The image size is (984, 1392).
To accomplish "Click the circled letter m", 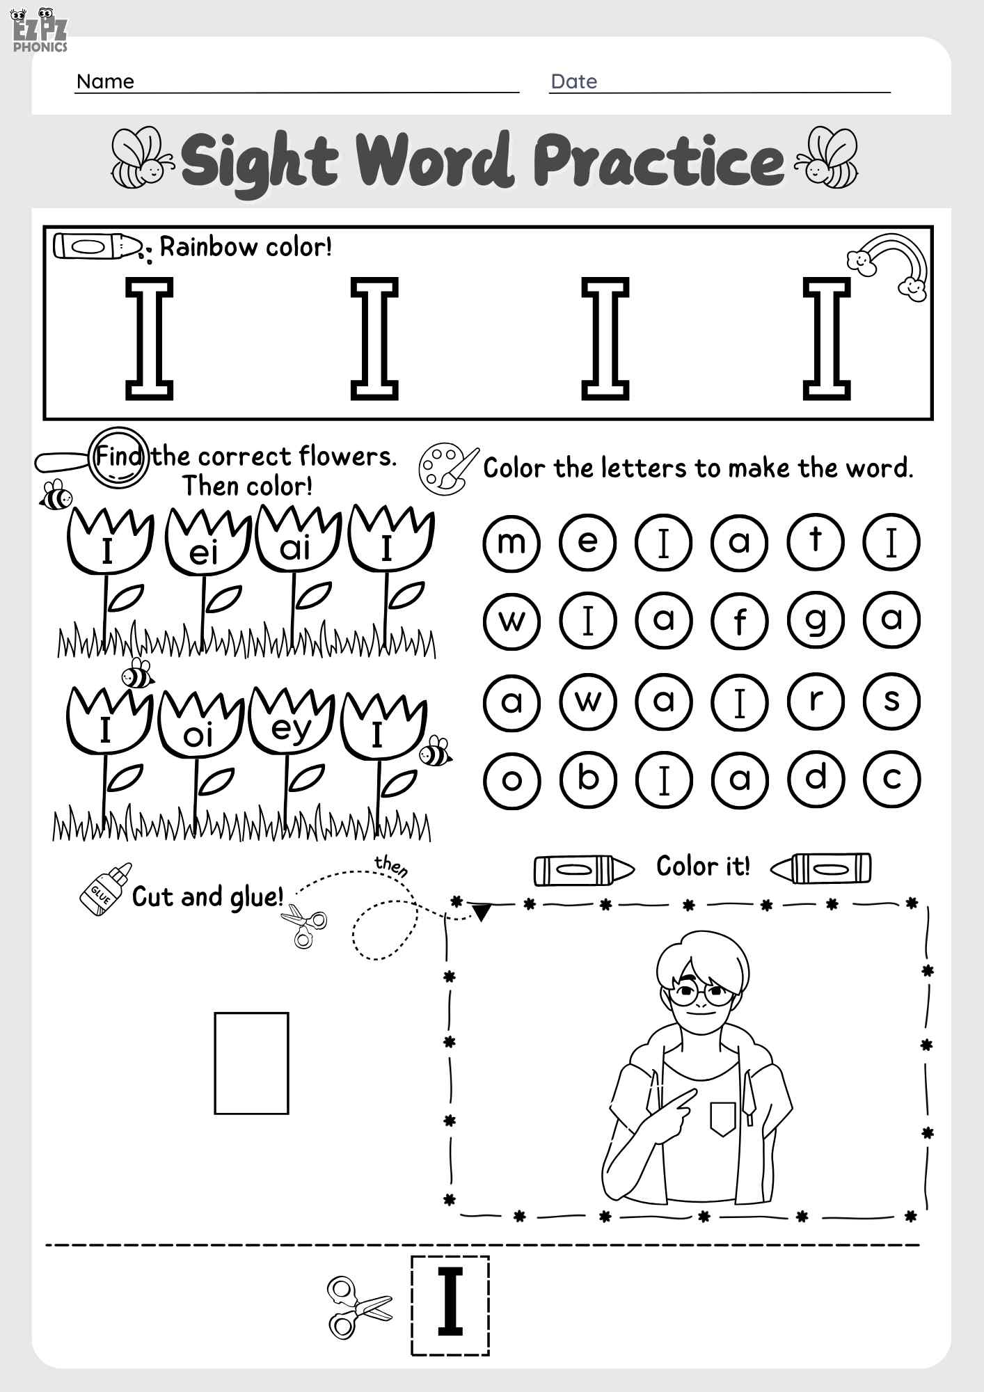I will coord(511,542).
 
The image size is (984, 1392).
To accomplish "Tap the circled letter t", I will coord(816,541).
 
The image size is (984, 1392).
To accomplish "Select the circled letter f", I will coord(740,620).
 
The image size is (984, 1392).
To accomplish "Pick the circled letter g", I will coord(816,620).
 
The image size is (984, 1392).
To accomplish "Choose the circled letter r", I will coord(816,702).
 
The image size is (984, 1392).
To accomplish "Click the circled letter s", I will coord(891,702).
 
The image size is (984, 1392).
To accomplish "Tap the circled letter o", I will coord(511,780).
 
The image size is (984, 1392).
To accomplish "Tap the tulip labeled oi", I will coord(199,727).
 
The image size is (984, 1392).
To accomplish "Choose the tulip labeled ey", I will coord(291,724).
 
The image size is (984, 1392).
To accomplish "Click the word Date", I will coord(573,81).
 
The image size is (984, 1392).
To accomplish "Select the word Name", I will coord(105,81).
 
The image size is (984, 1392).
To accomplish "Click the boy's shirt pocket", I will coord(722,1118).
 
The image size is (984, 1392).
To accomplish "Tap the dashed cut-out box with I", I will coord(450,1306).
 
